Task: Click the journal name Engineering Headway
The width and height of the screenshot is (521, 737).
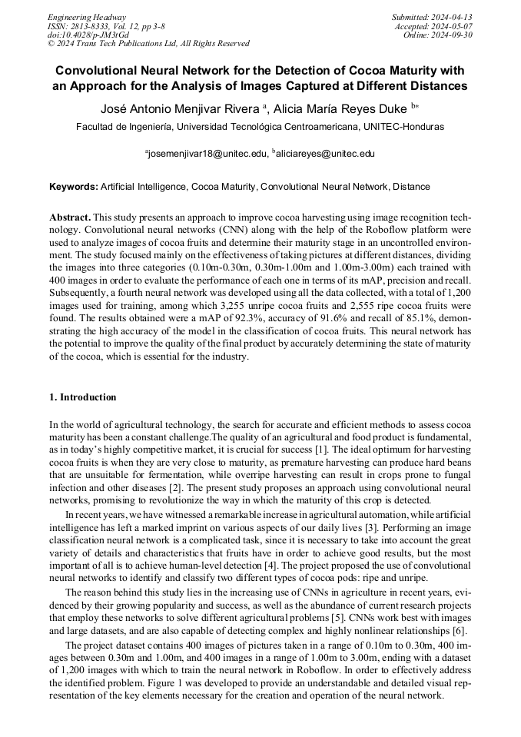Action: pos(87,17)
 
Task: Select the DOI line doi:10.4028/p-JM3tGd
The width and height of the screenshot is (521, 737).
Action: pos(88,35)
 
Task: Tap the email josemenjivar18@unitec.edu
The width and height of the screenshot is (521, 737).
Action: pos(207,154)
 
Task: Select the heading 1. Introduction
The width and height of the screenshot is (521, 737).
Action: pos(82,397)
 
